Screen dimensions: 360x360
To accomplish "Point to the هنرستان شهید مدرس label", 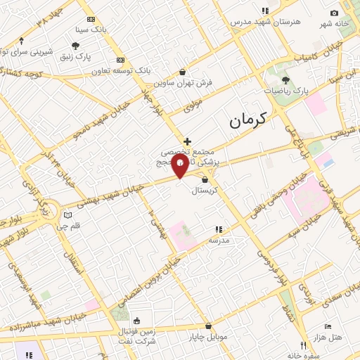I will [x=265, y=22].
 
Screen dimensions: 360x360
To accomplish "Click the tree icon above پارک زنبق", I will [x=85, y=46].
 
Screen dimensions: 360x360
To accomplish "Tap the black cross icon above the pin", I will [x=187, y=141].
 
